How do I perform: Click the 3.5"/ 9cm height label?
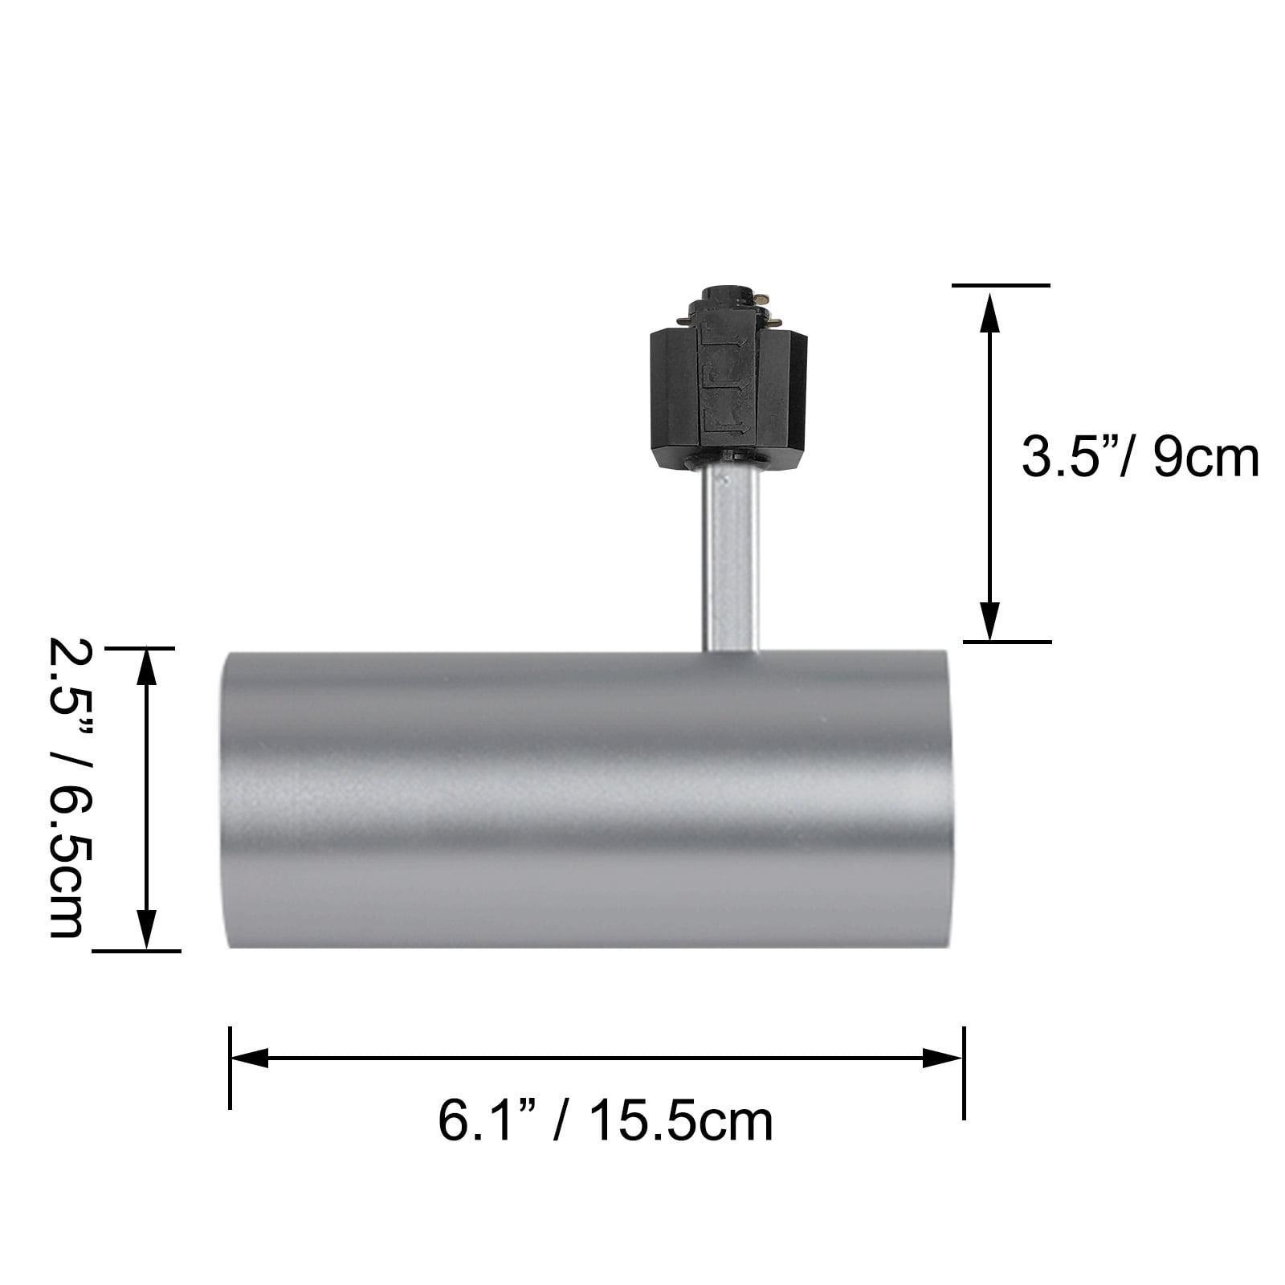(x=1140, y=459)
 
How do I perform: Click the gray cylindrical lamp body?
(x=587, y=799)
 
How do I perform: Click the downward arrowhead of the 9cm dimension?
(x=990, y=620)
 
